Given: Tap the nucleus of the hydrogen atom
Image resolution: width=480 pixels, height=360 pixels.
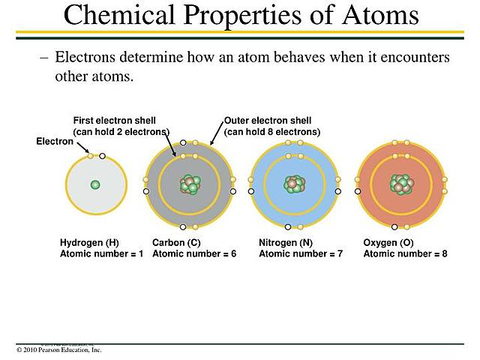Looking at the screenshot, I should click(95, 184).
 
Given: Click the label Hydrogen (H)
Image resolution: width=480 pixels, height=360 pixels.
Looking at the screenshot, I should click(89, 243).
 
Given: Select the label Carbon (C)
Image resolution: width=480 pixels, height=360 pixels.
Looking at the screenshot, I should click(176, 243).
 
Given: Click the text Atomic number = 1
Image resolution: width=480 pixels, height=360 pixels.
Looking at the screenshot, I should click(101, 254).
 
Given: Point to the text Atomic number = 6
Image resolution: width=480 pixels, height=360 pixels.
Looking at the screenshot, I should click(194, 254).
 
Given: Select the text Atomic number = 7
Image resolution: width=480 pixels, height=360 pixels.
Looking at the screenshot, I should click(301, 254).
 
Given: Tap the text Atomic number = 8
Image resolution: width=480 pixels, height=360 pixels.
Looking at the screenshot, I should click(405, 254).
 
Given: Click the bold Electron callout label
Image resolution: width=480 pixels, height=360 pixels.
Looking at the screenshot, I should click(55, 141).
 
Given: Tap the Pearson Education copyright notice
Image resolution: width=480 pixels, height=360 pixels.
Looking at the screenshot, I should click(58, 350).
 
